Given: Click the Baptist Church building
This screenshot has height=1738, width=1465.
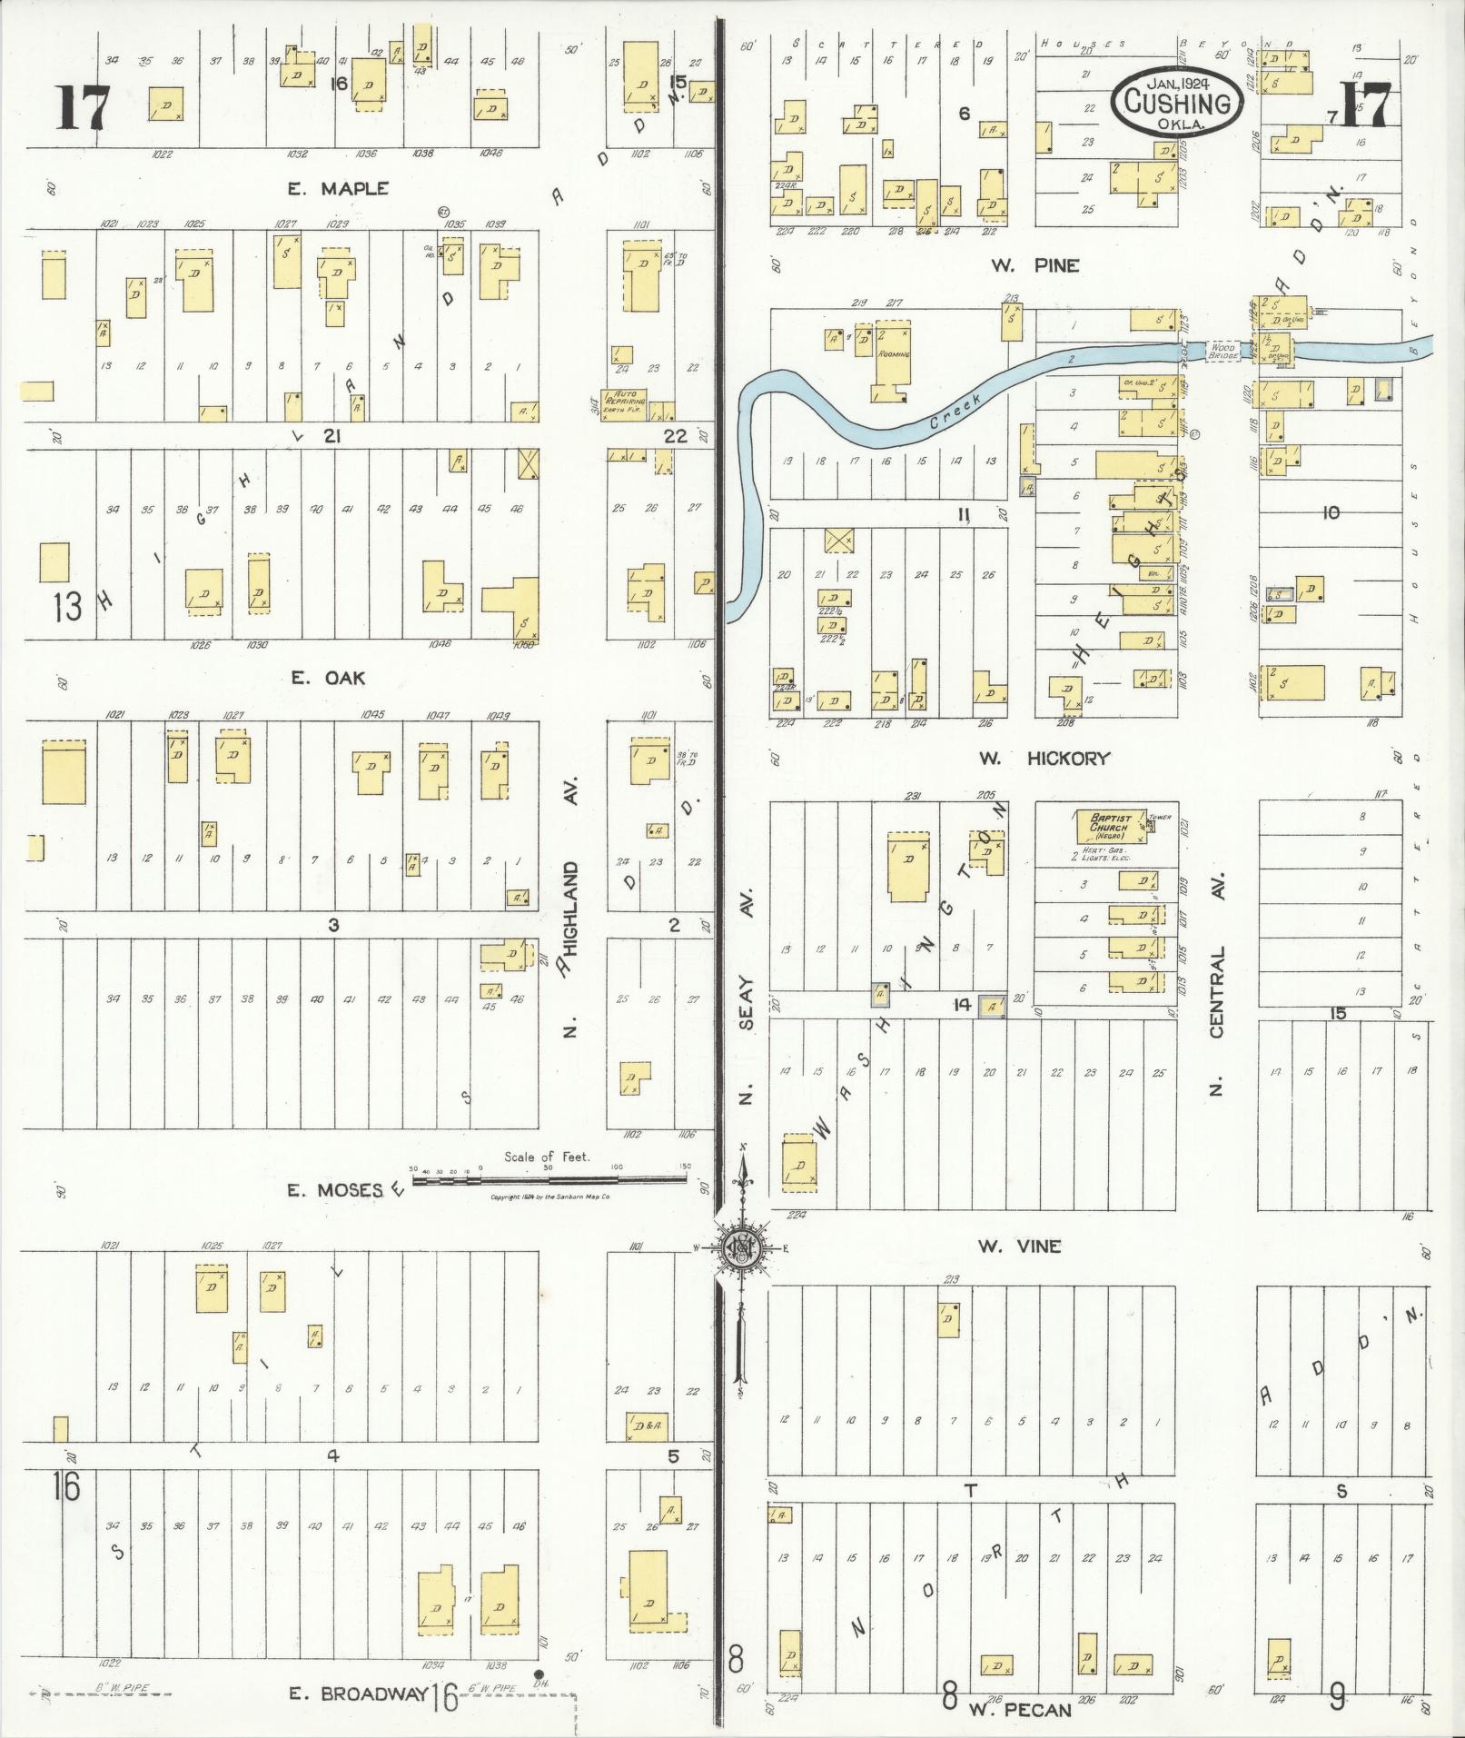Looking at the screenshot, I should pos(1110,827).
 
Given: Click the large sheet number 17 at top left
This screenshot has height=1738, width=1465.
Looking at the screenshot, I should pos(84,107).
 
